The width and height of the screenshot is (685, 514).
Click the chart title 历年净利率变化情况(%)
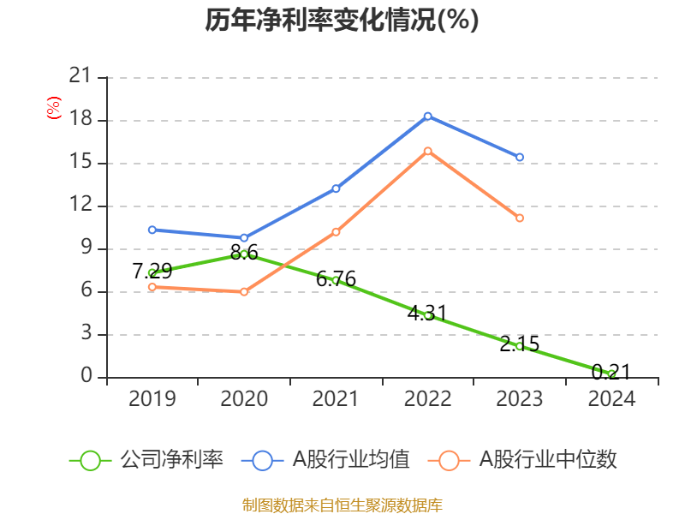(x=342, y=21)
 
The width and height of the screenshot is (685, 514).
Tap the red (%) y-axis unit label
(x=54, y=109)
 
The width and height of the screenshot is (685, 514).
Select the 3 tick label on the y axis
(x=86, y=334)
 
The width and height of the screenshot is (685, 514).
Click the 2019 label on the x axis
(x=152, y=398)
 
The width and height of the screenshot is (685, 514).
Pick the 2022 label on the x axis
(x=427, y=398)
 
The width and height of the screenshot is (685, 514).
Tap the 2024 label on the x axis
(x=611, y=398)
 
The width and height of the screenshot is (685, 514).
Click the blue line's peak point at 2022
(x=427, y=116)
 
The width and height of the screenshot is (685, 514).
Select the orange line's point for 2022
(x=427, y=151)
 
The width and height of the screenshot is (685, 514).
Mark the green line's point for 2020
(x=244, y=254)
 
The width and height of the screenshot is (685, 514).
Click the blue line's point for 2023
(x=520, y=157)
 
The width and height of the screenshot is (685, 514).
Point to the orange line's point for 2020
(x=244, y=291)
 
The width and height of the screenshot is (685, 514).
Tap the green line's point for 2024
(x=611, y=374)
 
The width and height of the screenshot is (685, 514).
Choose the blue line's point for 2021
(x=336, y=188)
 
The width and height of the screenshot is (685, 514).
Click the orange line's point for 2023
(x=520, y=218)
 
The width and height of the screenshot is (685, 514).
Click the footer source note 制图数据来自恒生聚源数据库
(x=342, y=505)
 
